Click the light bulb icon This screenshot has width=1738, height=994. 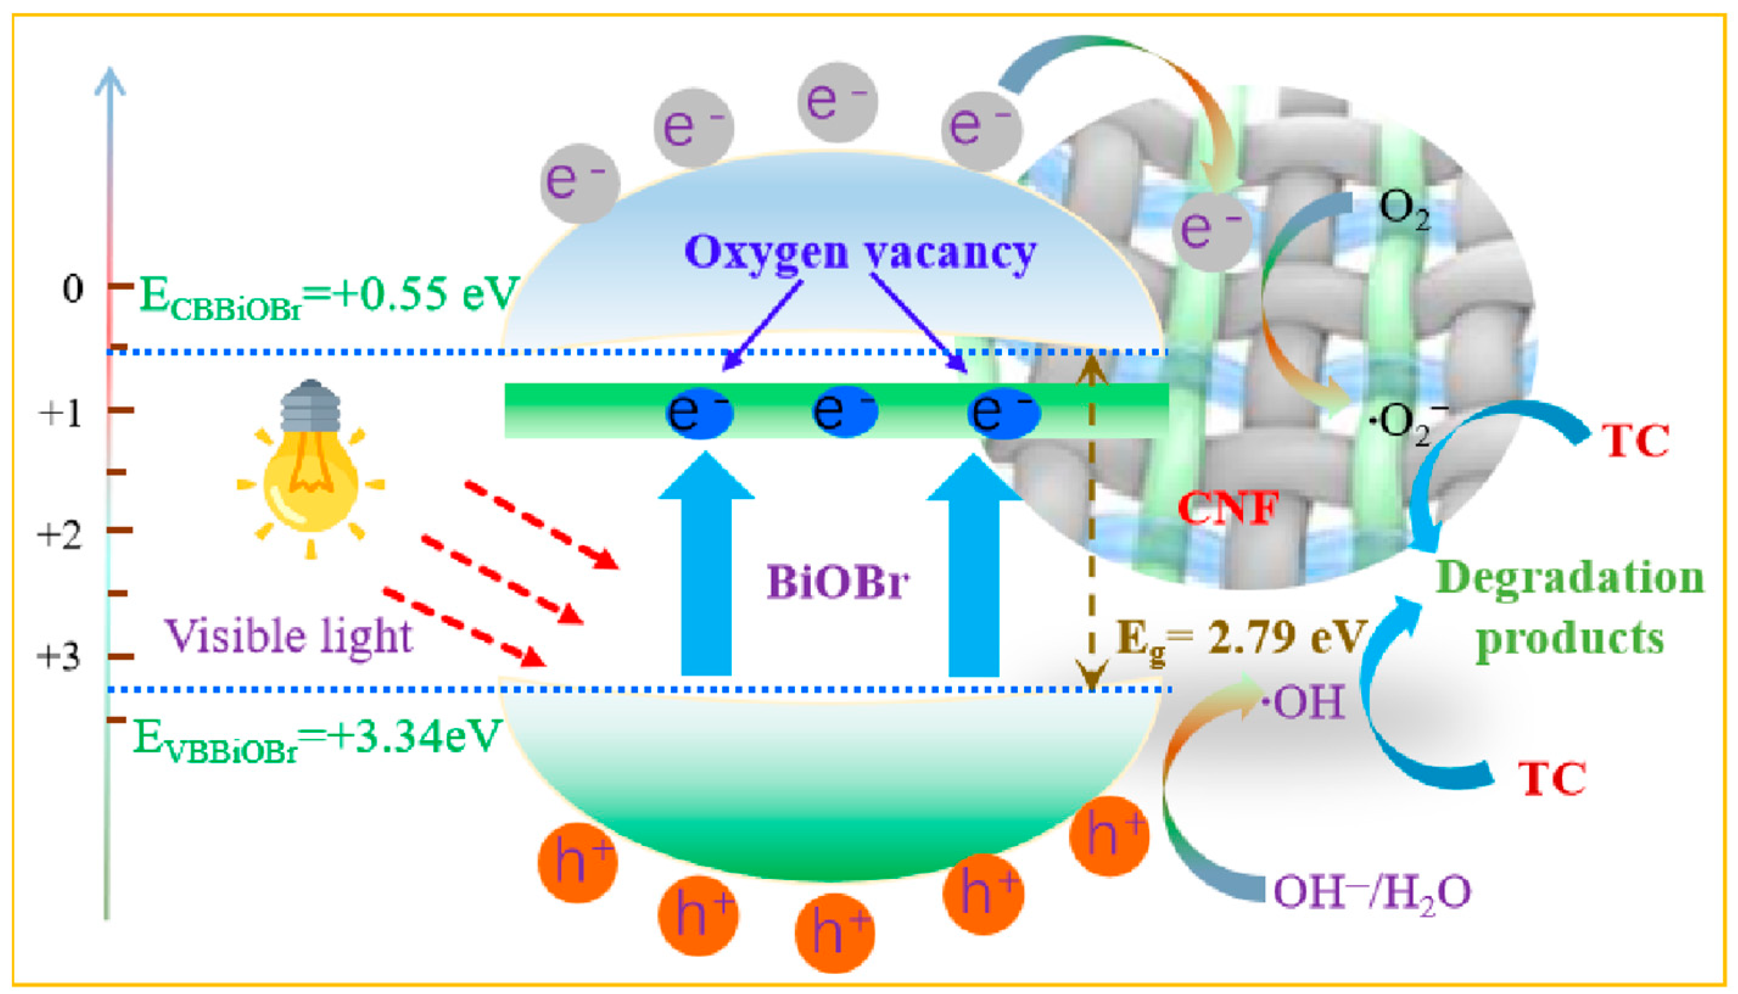point(310,471)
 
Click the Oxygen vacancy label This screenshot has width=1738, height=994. point(860,253)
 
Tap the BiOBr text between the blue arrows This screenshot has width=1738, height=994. point(838,583)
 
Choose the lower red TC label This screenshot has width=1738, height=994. point(1551,779)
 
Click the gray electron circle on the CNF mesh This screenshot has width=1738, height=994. point(1211,229)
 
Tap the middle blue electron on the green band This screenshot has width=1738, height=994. point(844,411)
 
